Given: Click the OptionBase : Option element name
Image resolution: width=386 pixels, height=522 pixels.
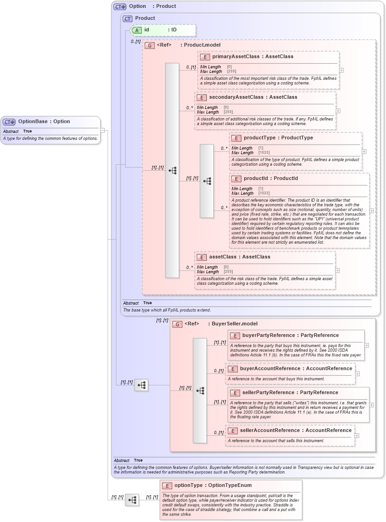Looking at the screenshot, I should click(44, 121).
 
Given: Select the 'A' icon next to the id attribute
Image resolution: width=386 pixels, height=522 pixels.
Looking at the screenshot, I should click(137, 30).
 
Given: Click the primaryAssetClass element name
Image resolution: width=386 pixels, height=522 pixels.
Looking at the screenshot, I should click(253, 56).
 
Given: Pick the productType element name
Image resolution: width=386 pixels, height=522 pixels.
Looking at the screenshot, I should click(278, 138).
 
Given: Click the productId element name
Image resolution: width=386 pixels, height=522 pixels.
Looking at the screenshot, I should click(271, 178).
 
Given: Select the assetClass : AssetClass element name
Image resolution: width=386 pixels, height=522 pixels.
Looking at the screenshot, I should click(240, 257).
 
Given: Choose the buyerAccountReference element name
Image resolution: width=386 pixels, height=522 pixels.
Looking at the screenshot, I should click(296, 368).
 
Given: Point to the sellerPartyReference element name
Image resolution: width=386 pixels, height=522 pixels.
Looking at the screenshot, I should click(290, 392).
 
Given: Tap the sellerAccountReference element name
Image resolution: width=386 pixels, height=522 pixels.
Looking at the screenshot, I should click(296, 430).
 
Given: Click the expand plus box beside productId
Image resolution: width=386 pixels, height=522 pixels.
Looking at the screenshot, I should click(372, 210).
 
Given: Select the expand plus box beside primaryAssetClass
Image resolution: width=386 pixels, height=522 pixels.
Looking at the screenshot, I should click(341, 70).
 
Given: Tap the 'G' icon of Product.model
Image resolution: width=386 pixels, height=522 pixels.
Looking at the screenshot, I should click(150, 45).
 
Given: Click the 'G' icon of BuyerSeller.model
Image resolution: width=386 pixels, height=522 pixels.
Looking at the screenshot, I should click(177, 324).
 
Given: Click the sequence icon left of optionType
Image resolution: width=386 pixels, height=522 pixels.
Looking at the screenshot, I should click(132, 500).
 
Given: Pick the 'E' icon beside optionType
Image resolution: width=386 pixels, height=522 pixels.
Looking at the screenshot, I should click(167, 486).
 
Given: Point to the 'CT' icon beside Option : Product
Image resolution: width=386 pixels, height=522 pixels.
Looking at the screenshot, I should click(120, 6).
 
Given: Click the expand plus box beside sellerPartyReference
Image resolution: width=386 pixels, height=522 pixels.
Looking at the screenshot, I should click(372, 405).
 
